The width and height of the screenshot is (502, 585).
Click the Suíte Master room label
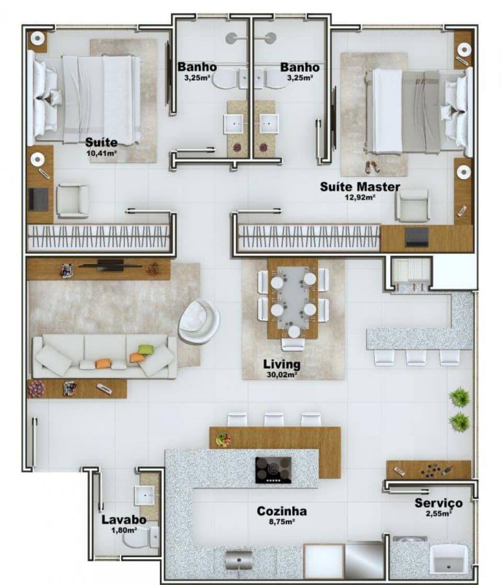(x=360, y=186)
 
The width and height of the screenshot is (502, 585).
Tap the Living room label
(x=281, y=364)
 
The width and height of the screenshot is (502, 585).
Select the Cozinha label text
(x=281, y=511)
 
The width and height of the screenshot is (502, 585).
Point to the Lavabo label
(x=123, y=520)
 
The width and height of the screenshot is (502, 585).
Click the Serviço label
(x=438, y=503)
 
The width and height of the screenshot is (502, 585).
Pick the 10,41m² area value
(x=102, y=153)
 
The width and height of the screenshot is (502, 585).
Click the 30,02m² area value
(x=281, y=374)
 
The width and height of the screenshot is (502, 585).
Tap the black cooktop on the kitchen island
(x=273, y=470)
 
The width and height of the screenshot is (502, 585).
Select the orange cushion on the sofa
(x=104, y=363)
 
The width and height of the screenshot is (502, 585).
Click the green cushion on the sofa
(x=146, y=350)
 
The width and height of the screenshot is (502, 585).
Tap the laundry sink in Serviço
(x=449, y=558)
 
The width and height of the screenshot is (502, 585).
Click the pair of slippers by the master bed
(x=372, y=167)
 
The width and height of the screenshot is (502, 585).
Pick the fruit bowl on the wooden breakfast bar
(x=224, y=439)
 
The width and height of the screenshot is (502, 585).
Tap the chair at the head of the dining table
(x=293, y=344)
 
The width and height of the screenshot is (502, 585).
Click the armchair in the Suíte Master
(x=413, y=205)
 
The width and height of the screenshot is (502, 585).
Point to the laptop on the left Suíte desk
(x=38, y=198)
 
